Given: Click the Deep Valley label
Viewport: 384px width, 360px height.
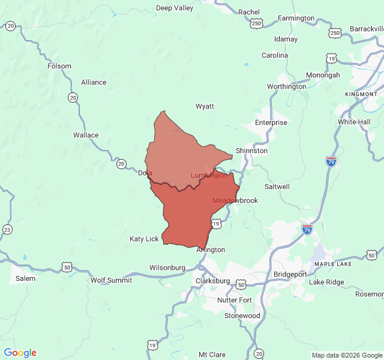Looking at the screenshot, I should [175, 8].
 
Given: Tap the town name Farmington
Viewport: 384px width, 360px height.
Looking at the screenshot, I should [296, 18].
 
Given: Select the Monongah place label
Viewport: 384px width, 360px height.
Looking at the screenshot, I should [323, 75].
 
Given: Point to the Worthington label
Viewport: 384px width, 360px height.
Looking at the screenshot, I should [286, 86].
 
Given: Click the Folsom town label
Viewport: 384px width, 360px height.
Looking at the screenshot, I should [59, 66].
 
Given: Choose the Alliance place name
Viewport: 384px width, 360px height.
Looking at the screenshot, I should [94, 82].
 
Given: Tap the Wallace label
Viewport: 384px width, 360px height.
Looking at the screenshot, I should [86, 135].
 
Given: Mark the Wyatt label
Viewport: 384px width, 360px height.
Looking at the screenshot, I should [205, 106].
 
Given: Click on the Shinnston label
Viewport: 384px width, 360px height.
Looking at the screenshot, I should [251, 151].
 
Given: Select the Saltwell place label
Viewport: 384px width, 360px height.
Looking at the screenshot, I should [277, 187].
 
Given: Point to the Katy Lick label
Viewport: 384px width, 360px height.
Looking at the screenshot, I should [144, 239].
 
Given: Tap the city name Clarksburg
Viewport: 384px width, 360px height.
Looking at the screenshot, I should [212, 281].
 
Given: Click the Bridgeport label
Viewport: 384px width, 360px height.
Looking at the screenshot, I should [290, 274].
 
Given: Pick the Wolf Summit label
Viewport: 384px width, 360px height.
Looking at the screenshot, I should [110, 280].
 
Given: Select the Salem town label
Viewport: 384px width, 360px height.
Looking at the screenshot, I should [25, 278].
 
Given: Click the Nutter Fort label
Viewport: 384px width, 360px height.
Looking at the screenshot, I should [235, 299].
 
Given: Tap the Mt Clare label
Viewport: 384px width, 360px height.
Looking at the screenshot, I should [212, 355].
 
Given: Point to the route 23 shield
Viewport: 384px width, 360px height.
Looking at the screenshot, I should [7, 229].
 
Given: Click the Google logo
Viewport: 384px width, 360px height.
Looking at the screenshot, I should [20, 353].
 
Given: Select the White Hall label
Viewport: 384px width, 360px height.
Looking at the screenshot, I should [354, 121].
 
